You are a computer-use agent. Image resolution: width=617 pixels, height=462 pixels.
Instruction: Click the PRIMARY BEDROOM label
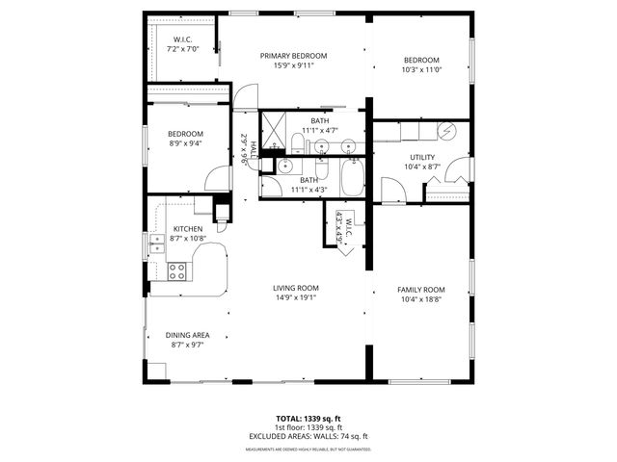(x=294, y=56)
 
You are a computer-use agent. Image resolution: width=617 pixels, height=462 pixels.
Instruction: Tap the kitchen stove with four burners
(x=177, y=270)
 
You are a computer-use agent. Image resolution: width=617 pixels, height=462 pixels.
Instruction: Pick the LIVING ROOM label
(x=295, y=288)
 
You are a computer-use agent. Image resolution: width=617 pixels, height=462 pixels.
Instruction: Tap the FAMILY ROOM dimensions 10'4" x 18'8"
(x=421, y=299)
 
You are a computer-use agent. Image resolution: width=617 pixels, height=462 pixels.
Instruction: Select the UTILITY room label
(x=421, y=157)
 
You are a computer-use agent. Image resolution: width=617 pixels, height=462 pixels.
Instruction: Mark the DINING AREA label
(x=188, y=335)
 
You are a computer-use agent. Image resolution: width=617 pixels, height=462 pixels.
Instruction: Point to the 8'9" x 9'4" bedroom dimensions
(x=185, y=143)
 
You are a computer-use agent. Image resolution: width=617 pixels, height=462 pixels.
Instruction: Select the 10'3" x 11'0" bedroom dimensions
(x=420, y=69)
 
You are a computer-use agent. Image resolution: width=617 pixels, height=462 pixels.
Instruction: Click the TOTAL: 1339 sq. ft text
(x=308, y=419)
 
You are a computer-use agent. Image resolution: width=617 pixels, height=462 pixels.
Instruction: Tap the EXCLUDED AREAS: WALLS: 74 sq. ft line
(x=308, y=436)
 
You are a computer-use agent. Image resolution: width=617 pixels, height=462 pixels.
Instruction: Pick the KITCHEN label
(x=187, y=228)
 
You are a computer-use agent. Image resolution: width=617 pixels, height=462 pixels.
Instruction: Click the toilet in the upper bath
(x=299, y=145)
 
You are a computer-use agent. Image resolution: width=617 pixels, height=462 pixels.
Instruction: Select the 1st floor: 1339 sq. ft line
(x=308, y=427)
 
